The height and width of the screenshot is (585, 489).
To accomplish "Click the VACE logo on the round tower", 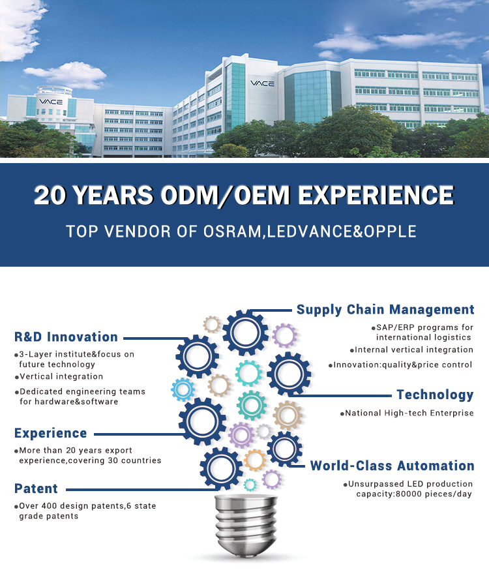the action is (51, 102).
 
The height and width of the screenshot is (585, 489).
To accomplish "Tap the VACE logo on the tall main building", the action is (262, 83).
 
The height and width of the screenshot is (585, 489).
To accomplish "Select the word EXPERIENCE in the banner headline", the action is (376, 195).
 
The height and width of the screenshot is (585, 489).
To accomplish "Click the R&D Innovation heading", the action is (66, 337).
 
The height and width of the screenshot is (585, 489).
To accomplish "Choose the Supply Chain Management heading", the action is (385, 310).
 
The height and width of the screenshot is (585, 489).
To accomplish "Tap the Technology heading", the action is (435, 395).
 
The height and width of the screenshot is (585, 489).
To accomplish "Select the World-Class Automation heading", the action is (393, 466).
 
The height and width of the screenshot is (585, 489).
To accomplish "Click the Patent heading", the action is (36, 488).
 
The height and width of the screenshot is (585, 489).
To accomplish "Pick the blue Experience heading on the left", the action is (50, 433).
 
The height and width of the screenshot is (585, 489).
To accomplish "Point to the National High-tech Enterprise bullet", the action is (407, 413).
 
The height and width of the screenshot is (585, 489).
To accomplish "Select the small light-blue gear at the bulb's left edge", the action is (183, 389).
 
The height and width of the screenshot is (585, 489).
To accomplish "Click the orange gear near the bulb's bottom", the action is (255, 460).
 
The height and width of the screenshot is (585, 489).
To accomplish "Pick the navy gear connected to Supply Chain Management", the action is (245, 333).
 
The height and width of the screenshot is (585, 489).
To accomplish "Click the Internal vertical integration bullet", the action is (412, 350).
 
